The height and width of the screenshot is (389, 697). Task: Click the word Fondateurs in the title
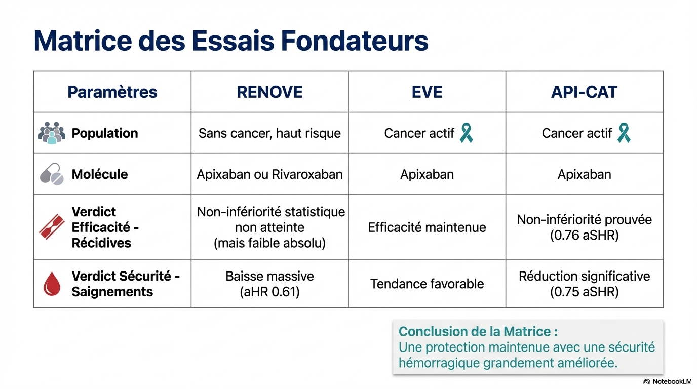[355, 41]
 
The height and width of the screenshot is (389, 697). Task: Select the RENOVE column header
[269, 92]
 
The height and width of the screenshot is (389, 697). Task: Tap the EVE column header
[427, 92]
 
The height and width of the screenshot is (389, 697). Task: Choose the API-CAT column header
[584, 92]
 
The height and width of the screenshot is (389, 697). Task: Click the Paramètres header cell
[112, 92]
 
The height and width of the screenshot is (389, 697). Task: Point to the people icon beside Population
[52, 133]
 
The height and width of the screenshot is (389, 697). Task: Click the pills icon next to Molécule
[52, 174]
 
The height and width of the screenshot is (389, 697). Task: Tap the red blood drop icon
[52, 284]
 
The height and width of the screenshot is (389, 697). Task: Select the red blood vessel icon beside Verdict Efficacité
[52, 227]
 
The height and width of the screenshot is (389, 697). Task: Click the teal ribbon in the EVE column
[466, 133]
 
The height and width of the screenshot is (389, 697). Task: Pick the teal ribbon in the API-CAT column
[624, 133]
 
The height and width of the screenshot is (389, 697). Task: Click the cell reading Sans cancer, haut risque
[269, 133]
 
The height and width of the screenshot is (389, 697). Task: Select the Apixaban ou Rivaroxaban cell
[269, 174]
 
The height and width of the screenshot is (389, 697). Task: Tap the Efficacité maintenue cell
[427, 227]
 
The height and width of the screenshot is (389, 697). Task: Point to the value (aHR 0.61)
[269, 292]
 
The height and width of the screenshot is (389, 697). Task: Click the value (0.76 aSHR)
[584, 235]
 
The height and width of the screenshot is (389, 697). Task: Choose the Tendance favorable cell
[427, 284]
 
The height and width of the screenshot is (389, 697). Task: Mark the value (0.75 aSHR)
[584, 292]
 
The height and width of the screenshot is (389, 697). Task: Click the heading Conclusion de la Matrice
[478, 332]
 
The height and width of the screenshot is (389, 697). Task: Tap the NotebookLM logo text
[672, 381]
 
